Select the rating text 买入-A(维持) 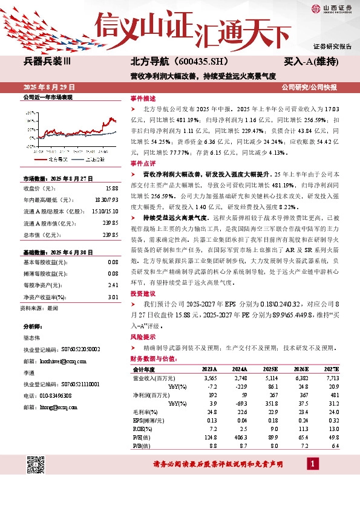(x=311, y=62)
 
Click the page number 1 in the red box (x=313, y=464)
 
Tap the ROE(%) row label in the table (x=144, y=427)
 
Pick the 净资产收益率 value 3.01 (x=112, y=297)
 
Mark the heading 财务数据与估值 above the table (x=153, y=358)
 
